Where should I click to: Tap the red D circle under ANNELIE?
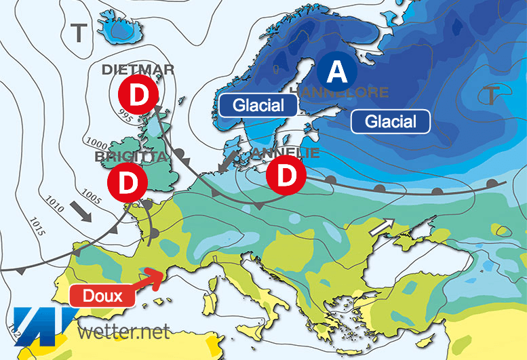point(288,175)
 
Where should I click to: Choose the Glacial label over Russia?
point(391,121)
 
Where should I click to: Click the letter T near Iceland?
point(80,32)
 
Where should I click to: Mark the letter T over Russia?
point(490,95)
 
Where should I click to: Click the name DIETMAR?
point(138,69)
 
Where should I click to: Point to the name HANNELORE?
point(339,92)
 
